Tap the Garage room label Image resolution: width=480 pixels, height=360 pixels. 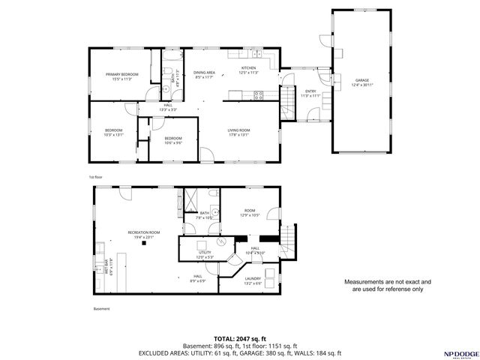[x=362, y=79]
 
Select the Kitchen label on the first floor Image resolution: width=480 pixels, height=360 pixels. [x=248, y=68]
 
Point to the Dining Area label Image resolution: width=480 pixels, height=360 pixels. [x=205, y=73]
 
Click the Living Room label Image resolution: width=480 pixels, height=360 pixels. [x=239, y=130]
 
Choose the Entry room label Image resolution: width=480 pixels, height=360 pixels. [x=310, y=91]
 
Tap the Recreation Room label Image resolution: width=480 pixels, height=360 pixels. [x=143, y=232]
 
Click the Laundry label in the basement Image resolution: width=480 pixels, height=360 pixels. [x=253, y=278]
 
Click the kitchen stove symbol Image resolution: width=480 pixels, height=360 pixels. [x=259, y=94]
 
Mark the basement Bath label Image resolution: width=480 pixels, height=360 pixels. [x=204, y=213]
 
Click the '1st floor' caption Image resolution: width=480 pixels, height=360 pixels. [x=95, y=178]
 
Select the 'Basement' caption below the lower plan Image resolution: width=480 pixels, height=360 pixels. [x=101, y=309]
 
